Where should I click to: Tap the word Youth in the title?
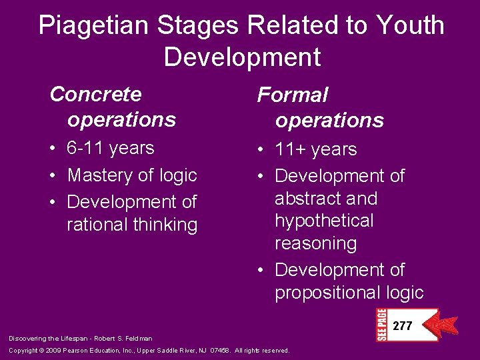point(409,26)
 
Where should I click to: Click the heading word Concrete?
point(95,94)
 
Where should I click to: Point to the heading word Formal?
point(293,95)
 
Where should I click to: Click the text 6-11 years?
point(111,148)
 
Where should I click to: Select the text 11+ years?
point(316,149)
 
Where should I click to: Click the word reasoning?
point(315,243)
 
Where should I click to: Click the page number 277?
point(403,326)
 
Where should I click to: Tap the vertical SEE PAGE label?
point(381,325)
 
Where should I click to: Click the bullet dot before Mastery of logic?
point(53,175)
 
